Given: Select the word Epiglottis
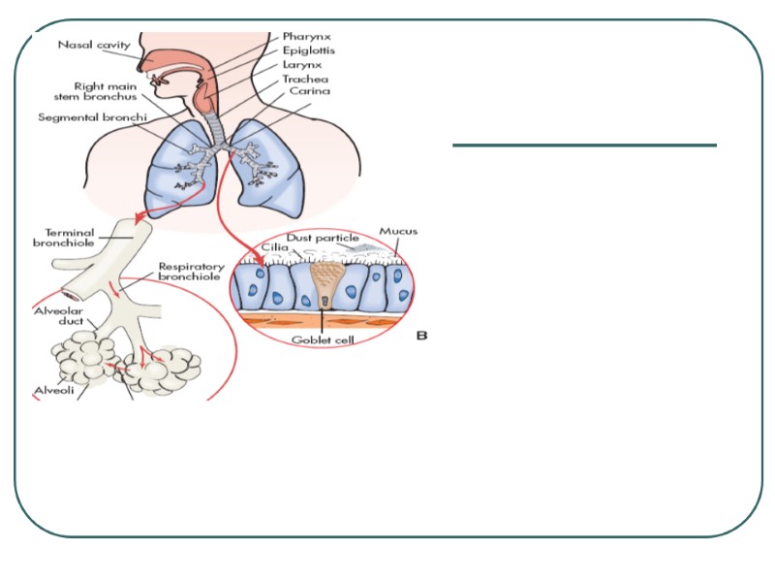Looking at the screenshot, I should (x=308, y=50).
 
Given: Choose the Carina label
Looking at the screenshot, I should (x=308, y=92).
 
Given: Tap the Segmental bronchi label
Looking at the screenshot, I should (x=84, y=117).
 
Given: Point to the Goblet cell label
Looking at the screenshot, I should (x=326, y=340).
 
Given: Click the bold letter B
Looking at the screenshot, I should (x=422, y=336).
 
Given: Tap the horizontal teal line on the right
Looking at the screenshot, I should (x=584, y=145).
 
